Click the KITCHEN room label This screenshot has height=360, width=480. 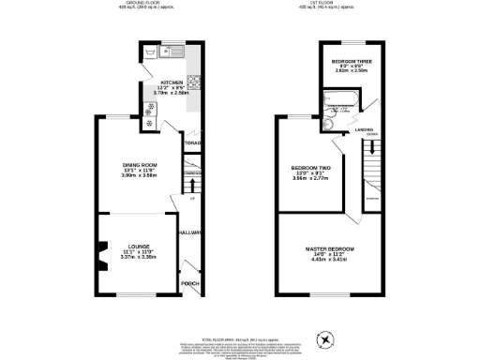[x=172, y=82]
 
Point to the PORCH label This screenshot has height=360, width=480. [x=190, y=283]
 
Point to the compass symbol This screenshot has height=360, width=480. [x=325, y=338]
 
